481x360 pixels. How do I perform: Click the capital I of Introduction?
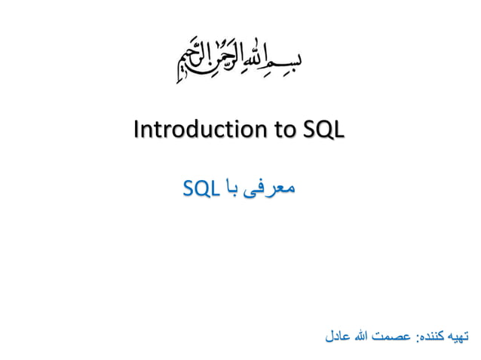(136, 130)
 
